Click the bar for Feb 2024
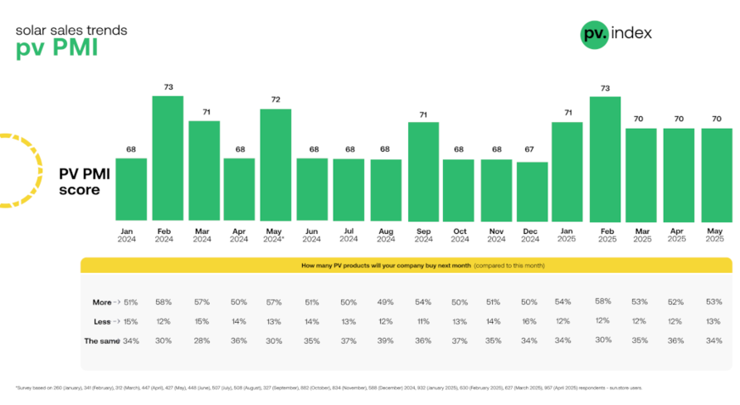click(x=167, y=158)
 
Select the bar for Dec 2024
click(x=532, y=191)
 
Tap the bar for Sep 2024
click(x=423, y=172)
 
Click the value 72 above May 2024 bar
click(x=275, y=100)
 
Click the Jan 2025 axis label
click(x=567, y=234)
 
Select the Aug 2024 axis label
click(x=385, y=234)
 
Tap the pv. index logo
click(x=616, y=34)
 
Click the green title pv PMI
click(x=57, y=48)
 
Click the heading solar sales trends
click(x=71, y=30)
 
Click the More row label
click(x=103, y=302)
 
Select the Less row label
click(x=103, y=321)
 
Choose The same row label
click(x=101, y=341)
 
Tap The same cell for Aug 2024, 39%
click(x=385, y=341)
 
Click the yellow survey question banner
click(x=406, y=265)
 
